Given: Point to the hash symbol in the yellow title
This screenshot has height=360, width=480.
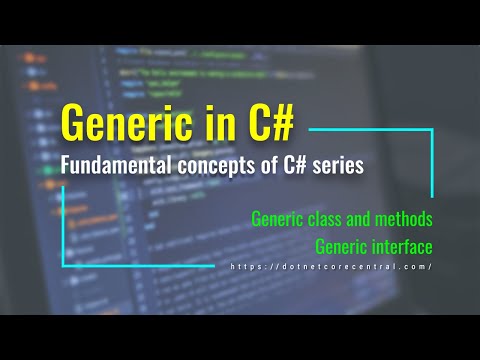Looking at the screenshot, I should [x=281, y=123].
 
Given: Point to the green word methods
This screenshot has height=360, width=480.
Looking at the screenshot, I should [x=410, y=217].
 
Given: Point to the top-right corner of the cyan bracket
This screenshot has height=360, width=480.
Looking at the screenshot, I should [x=432, y=128].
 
